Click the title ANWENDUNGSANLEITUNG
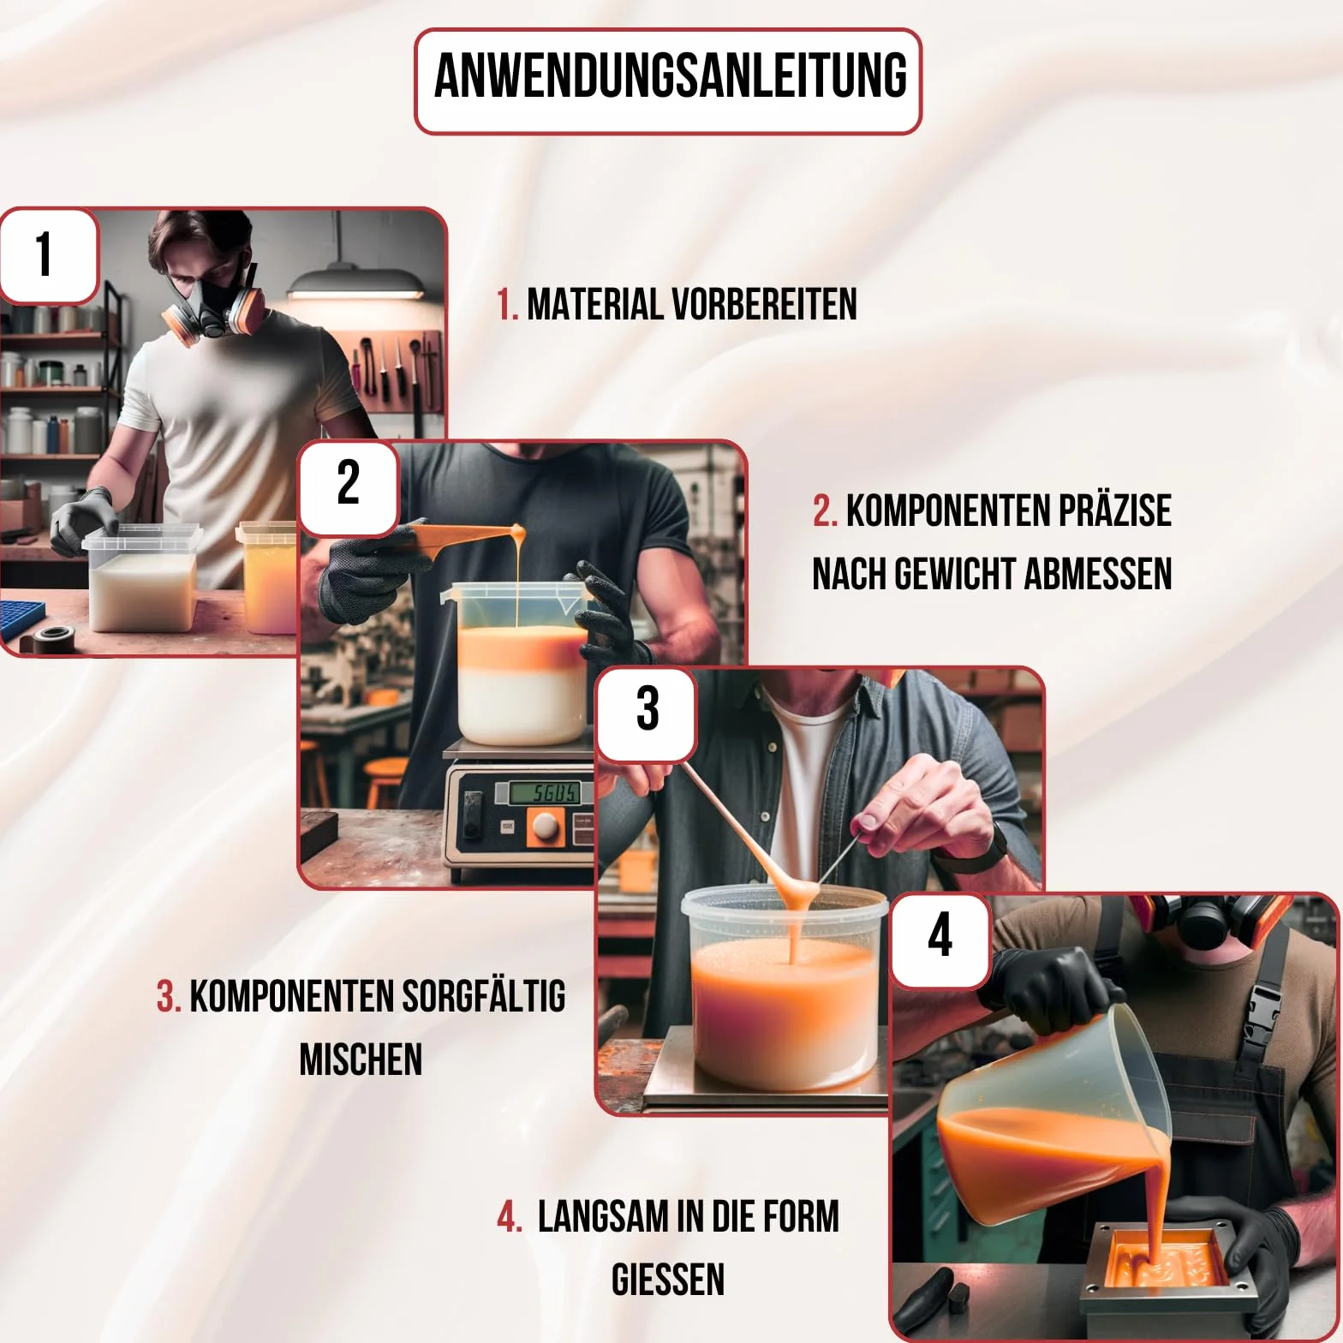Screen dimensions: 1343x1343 [x=670, y=76]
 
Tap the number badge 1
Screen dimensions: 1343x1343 [x=48, y=255]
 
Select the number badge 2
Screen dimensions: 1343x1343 [x=348, y=486]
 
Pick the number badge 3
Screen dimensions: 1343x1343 [x=647, y=713]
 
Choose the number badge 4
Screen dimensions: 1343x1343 [x=940, y=938]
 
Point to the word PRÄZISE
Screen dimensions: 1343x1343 [x=1114, y=510]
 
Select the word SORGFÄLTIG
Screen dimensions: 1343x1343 [x=483, y=996]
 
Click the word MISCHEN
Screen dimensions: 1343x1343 [x=361, y=1059]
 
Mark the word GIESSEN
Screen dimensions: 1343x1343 [x=668, y=1280]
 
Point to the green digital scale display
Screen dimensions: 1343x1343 [x=544, y=792]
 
